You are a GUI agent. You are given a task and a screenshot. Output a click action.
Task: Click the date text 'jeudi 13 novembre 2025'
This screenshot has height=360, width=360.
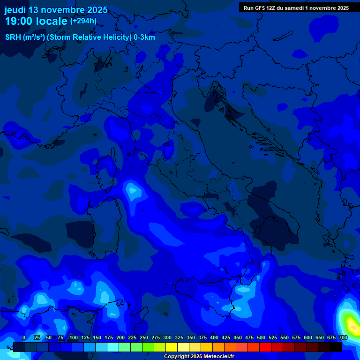click(x=56, y=10)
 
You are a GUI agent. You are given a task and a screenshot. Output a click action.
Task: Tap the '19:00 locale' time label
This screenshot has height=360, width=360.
click(x=36, y=21)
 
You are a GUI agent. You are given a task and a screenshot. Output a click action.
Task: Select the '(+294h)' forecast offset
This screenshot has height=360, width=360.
click(x=83, y=21)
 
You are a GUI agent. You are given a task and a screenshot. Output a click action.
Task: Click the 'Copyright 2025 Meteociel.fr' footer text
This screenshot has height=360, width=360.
click(x=199, y=357)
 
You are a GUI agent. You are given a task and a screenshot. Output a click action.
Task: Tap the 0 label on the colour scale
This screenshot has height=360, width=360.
click(x=24, y=338)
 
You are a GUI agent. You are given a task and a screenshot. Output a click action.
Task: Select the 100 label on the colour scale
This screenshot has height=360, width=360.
click(x=74, y=338)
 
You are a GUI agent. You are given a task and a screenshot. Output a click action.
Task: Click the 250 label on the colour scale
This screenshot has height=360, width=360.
click(x=144, y=338)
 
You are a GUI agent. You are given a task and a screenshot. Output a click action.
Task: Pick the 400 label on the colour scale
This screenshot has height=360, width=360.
click(x=214, y=338)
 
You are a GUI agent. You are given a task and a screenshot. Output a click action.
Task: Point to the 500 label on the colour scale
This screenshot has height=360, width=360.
click(x=261, y=338)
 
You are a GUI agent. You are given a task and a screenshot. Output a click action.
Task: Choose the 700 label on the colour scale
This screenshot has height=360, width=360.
click(x=343, y=338)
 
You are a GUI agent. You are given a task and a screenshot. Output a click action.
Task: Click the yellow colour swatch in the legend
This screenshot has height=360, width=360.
click(x=172, y=347)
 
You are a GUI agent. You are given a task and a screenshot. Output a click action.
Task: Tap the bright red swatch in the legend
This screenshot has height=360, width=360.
click(x=265, y=347)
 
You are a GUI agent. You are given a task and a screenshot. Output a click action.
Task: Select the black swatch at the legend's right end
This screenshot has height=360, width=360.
click(x=336, y=347)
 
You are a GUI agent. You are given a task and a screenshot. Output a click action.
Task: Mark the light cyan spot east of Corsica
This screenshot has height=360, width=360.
click(x=133, y=190)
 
